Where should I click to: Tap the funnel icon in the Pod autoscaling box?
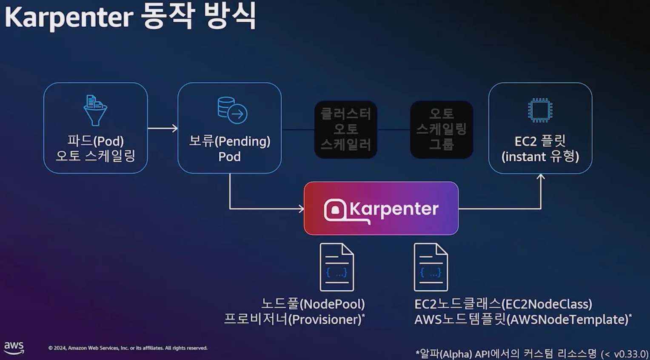pyautogui.click(x=95, y=111)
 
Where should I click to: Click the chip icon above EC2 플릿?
pyautogui.click(x=540, y=110)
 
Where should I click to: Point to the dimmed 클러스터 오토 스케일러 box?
pyautogui.click(x=346, y=129)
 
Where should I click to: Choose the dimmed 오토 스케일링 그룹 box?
pyautogui.click(x=442, y=129)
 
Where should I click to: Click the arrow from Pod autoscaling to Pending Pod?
pyautogui.click(x=162, y=128)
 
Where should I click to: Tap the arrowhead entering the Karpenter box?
pyautogui.click(x=301, y=209)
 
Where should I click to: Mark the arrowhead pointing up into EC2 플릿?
pyautogui.click(x=541, y=177)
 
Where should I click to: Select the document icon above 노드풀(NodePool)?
pyautogui.click(x=336, y=267)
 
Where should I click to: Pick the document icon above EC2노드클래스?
pyautogui.click(x=430, y=267)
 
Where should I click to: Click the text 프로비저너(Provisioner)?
pyautogui.click(x=294, y=320)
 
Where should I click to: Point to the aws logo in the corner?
pyautogui.click(x=14, y=348)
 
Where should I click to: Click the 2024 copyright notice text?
pyautogui.click(x=128, y=348)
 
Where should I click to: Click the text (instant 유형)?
pyautogui.click(x=540, y=157)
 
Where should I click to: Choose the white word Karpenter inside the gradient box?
pyautogui.click(x=394, y=209)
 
